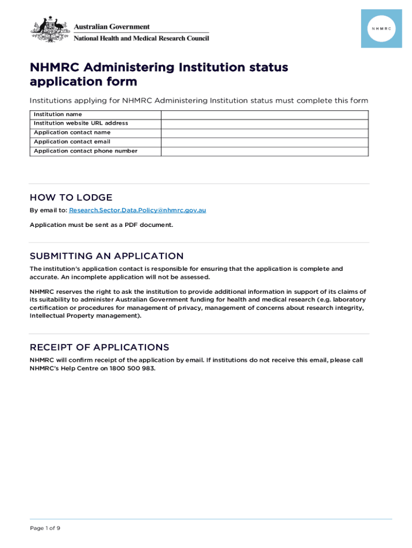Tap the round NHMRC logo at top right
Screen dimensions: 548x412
tap(381, 28)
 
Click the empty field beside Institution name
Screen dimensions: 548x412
tap(264, 115)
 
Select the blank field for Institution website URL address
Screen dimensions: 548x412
tap(264, 124)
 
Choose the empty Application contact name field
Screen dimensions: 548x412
tap(264, 133)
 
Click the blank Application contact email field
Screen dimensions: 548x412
tap(264, 142)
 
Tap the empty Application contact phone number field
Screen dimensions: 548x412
tap(264, 151)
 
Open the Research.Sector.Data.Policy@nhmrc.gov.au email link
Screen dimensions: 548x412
tap(138, 210)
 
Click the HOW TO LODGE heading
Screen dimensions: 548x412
tap(71, 197)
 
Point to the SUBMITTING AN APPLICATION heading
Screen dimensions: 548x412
tap(106, 256)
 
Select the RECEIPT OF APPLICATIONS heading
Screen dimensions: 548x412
tap(99, 347)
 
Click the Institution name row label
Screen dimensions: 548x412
tap(58, 115)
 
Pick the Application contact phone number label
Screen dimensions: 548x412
tap(86, 151)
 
